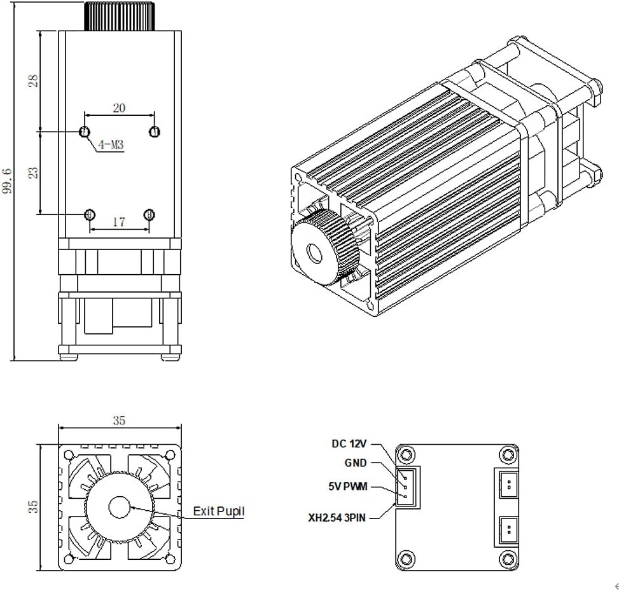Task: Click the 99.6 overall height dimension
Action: (x=7, y=181)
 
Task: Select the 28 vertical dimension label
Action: (x=33, y=80)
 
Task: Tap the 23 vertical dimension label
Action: (x=33, y=172)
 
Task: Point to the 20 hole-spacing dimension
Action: (x=119, y=108)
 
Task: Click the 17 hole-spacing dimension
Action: (x=119, y=222)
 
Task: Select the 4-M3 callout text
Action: (x=111, y=146)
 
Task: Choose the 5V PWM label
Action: (x=349, y=488)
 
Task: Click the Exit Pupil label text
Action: (x=218, y=511)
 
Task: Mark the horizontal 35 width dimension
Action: (x=119, y=420)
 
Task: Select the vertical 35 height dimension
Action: (x=34, y=506)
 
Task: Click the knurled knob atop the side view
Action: (x=119, y=16)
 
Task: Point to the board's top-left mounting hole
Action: (x=406, y=454)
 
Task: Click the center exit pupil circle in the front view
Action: (x=119, y=507)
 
